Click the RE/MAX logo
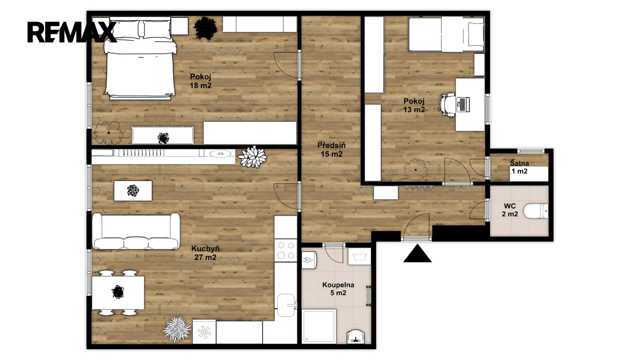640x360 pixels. pyautogui.click(x=72, y=32)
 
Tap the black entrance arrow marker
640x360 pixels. pyautogui.click(x=418, y=254)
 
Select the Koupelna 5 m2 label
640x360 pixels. pyautogui.click(x=338, y=289)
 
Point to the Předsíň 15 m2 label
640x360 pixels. pyautogui.click(x=332, y=150)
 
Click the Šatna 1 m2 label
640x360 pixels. pyautogui.click(x=520, y=167)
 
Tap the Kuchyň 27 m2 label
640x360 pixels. pyautogui.click(x=206, y=253)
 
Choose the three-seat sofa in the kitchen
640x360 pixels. pyautogui.click(x=136, y=232)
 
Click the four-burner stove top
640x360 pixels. pyautogui.click(x=286, y=250)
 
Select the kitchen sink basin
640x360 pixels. pyautogui.click(x=286, y=305)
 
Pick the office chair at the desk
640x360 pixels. pyautogui.click(x=448, y=105)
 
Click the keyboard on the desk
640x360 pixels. pyautogui.click(x=463, y=104)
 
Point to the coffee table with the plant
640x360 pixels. pyautogui.click(x=133, y=190)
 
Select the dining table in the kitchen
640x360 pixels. pyautogui.click(x=118, y=292)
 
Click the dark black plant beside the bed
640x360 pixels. pyautogui.click(x=205, y=28)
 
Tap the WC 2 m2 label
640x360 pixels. pyautogui.click(x=510, y=210)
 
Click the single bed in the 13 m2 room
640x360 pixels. pyautogui.click(x=446, y=34)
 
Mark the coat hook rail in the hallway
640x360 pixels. pyautogui.click(x=418, y=187)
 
